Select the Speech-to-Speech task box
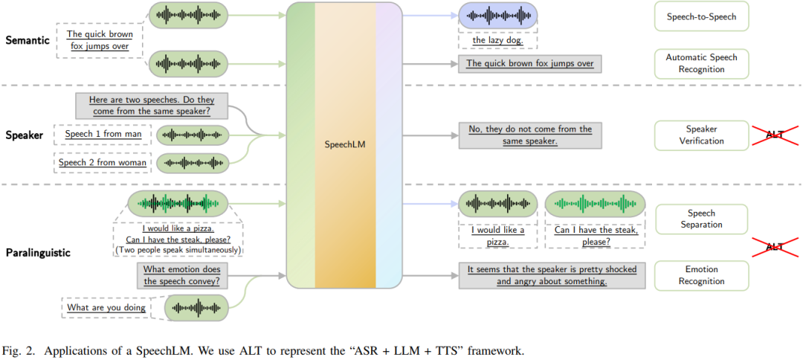701,16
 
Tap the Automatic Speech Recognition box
701,63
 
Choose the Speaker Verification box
701,135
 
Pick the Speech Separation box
701,219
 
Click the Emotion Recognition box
701,275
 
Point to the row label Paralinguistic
37,252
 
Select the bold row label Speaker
24,135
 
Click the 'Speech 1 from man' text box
103,135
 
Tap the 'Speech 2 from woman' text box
103,162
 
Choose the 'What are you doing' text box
106,306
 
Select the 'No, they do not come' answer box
529,135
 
